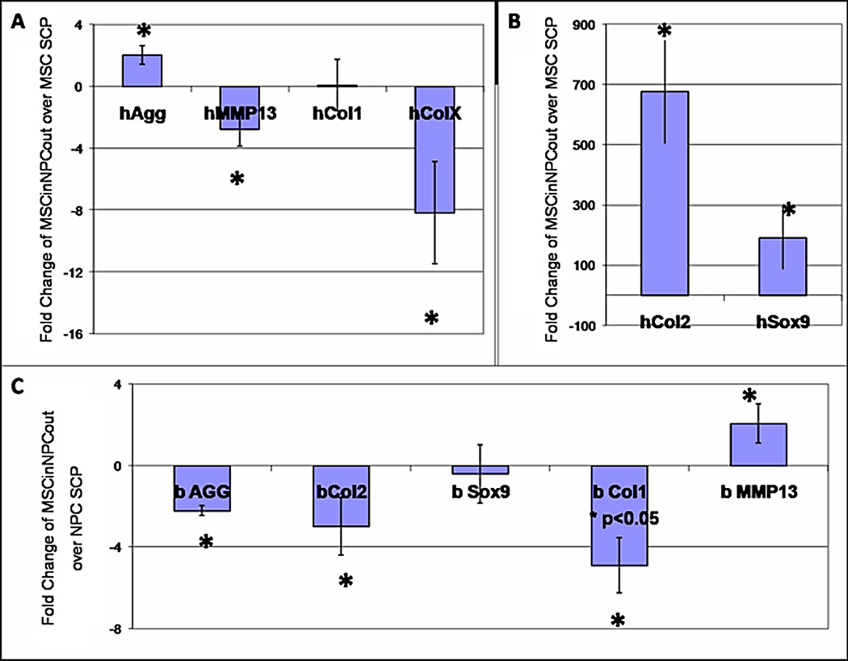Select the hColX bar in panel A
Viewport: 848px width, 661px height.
pos(434,149)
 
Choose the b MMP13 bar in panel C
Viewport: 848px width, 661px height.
pos(758,444)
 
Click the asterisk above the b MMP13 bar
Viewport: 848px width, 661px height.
pos(749,396)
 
